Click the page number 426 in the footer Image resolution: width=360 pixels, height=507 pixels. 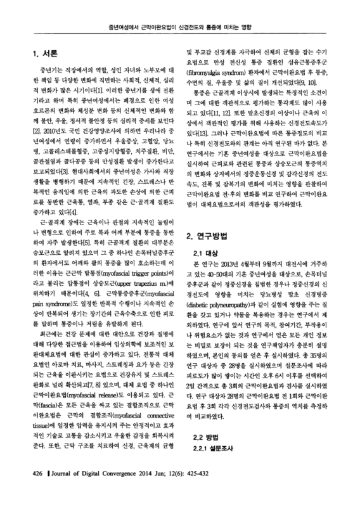click(x=38, y=491)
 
